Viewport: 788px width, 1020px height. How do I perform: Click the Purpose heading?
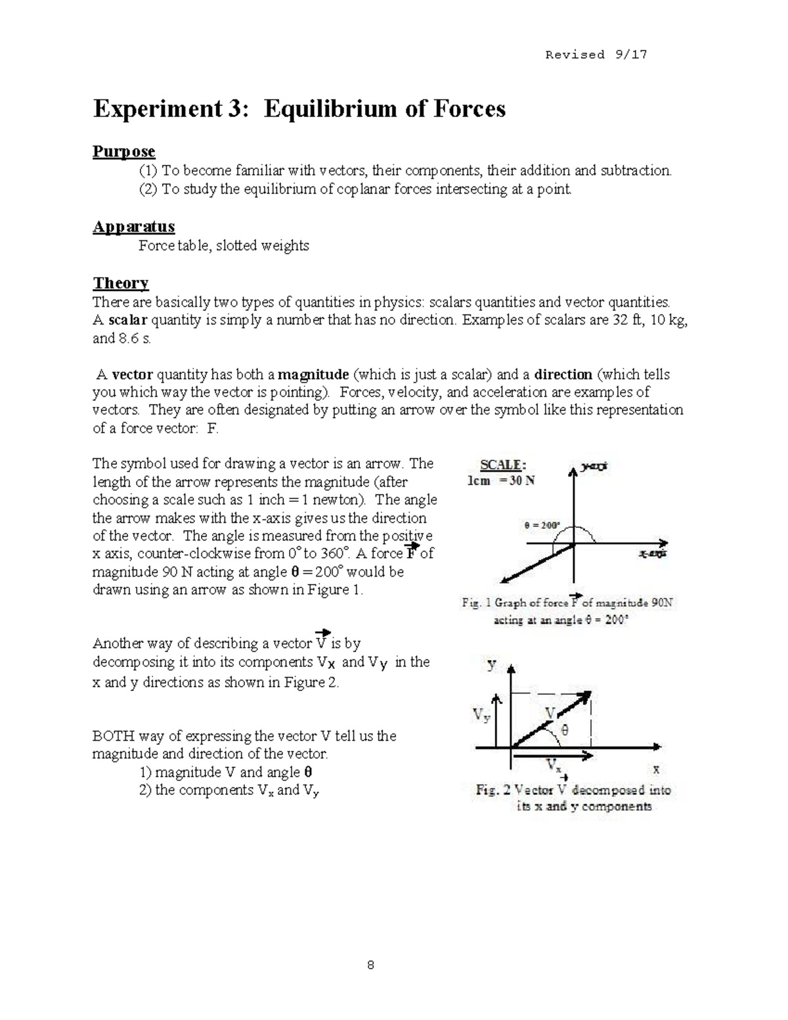point(123,152)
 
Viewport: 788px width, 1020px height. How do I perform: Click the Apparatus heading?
point(133,227)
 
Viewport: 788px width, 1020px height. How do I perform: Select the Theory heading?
point(120,283)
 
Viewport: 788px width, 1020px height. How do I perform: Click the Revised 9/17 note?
point(596,55)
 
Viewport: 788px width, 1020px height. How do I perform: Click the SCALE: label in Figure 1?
point(502,465)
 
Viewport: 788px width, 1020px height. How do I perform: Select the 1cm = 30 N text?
point(500,481)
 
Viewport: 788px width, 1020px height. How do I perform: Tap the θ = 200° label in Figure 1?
point(542,525)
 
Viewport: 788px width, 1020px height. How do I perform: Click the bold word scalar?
point(129,321)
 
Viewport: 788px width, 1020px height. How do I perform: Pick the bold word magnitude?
point(313,375)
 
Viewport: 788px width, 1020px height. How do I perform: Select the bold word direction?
point(563,375)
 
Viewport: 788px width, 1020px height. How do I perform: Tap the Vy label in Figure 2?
point(481,715)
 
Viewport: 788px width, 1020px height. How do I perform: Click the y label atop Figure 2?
point(491,665)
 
